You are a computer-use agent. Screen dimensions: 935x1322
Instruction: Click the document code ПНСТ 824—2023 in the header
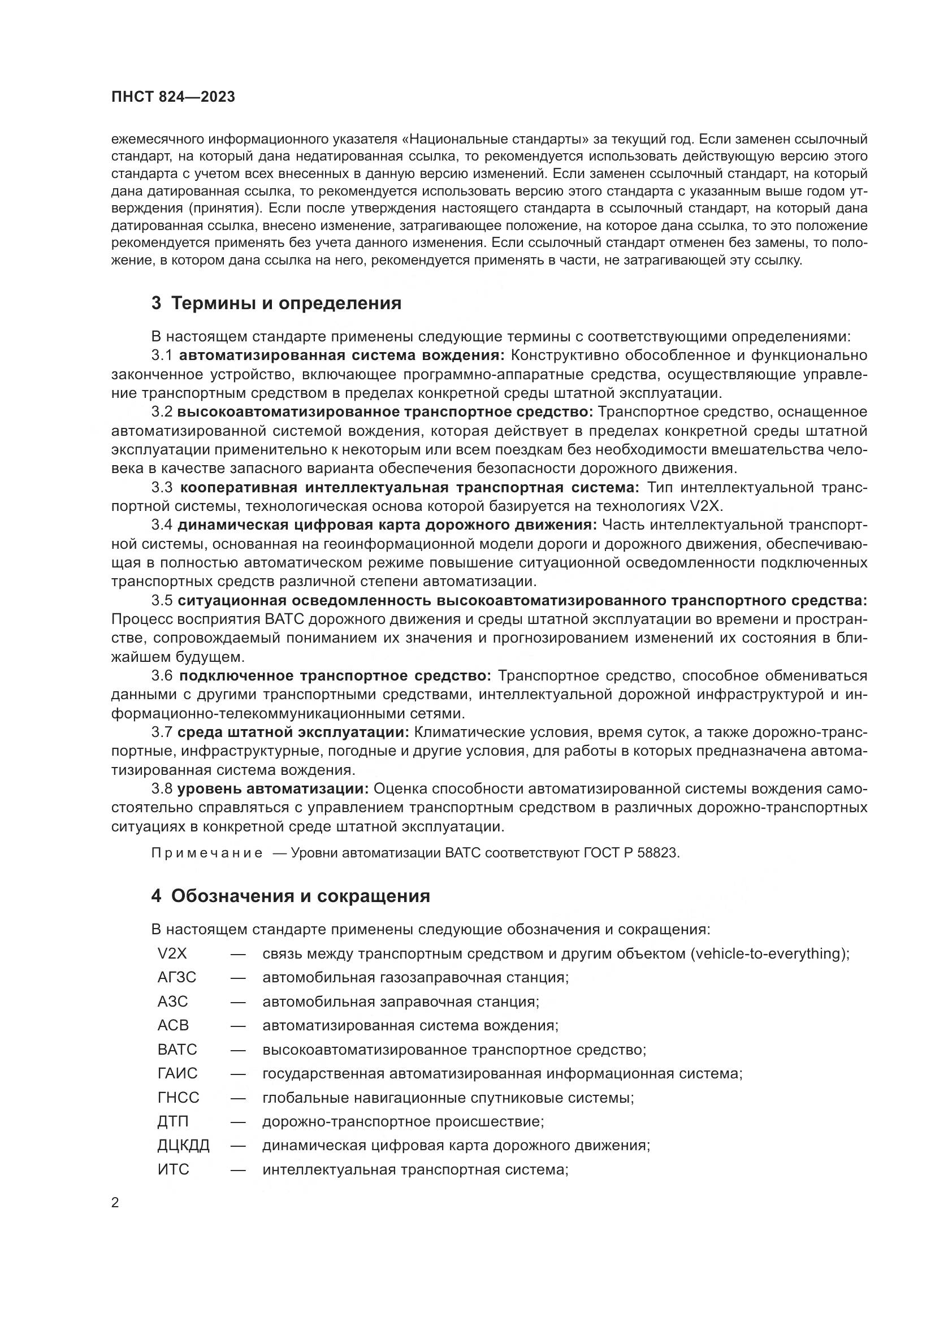click(174, 97)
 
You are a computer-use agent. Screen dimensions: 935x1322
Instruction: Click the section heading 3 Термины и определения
click(276, 304)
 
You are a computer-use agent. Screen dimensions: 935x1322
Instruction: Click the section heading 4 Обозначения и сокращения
click(290, 896)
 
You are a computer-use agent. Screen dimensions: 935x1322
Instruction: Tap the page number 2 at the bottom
click(115, 1203)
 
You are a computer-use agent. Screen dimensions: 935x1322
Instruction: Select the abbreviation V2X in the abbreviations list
click(172, 953)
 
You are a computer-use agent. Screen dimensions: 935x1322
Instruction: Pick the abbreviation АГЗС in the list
click(177, 978)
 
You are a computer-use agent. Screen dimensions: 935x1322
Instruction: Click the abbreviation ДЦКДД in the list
click(183, 1145)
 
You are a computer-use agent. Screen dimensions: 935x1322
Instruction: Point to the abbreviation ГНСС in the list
click(178, 1098)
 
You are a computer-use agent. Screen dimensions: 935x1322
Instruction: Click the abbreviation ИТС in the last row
click(173, 1169)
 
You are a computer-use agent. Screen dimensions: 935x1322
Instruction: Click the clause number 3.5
click(162, 601)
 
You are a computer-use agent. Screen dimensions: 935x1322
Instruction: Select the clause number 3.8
click(162, 789)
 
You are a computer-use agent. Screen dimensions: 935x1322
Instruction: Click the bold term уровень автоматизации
click(273, 789)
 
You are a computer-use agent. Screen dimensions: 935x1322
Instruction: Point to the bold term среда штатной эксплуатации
click(293, 733)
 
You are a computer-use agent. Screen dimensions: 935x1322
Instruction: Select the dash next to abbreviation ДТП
click(238, 1121)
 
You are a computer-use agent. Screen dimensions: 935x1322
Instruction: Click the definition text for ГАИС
click(502, 1074)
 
